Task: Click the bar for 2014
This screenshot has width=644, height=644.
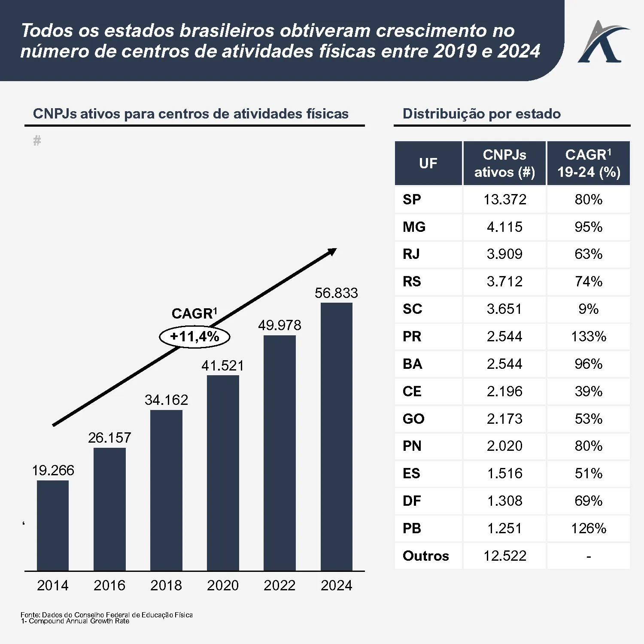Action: coord(53,526)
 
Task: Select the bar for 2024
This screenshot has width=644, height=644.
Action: coord(336,437)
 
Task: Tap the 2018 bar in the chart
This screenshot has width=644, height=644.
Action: coord(166,490)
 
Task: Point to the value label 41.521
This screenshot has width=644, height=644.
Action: coord(222,366)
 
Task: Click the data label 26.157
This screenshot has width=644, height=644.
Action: coord(109,438)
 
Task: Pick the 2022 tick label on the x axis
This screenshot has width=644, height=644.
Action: coord(279,585)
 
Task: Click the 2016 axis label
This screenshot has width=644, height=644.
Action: coord(109,585)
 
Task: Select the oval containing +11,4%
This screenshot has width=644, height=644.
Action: coord(194,337)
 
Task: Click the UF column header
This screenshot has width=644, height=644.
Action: coord(428,164)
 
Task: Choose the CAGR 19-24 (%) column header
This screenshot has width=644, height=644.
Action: coord(589,164)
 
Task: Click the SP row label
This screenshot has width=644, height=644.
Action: coord(412,200)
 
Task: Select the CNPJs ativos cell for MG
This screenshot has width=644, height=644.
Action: coord(504,227)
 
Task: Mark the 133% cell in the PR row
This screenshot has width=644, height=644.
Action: coord(589,337)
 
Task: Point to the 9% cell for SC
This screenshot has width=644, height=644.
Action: coord(589,309)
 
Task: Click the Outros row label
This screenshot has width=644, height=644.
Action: coord(425,556)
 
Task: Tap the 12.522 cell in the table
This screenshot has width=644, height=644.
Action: coord(504,556)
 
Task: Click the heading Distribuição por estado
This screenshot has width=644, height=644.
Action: coord(481,114)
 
